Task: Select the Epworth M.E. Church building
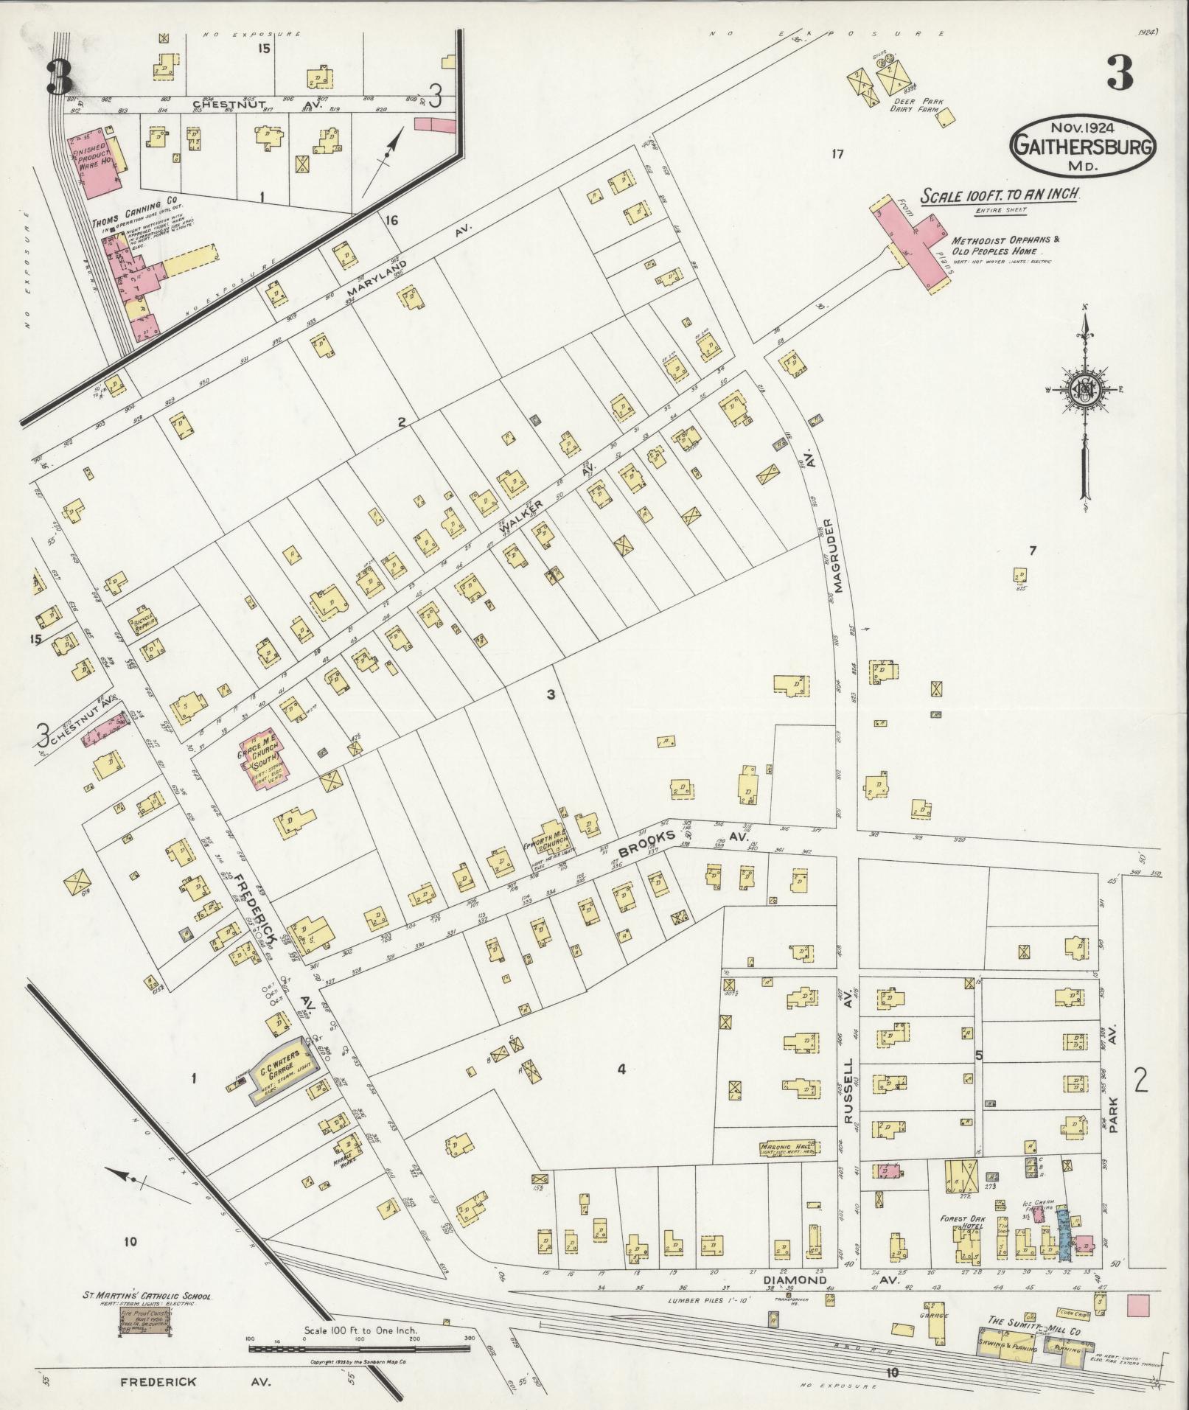coord(551,838)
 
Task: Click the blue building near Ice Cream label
coord(1063,1231)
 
